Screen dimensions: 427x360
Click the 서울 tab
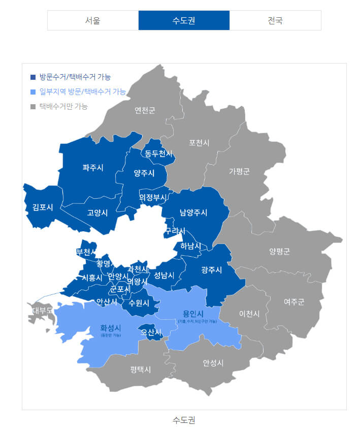tap(93, 21)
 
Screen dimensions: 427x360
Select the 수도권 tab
tap(184, 21)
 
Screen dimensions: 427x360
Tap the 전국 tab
tap(275, 21)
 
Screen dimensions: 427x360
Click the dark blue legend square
tap(33, 77)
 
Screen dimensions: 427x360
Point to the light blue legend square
tap(33, 92)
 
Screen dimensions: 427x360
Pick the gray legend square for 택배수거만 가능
tap(33, 107)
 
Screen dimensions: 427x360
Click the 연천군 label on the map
tap(145, 111)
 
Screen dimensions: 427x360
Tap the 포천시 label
tap(199, 143)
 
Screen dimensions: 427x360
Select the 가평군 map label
tap(239, 171)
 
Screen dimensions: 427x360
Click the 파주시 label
tap(93, 167)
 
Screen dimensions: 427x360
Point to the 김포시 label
tap(43, 207)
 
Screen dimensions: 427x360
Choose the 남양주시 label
tap(193, 212)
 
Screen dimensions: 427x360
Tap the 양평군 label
tap(280, 251)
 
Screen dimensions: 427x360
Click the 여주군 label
tap(294, 302)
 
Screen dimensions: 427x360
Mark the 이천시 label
tap(249, 314)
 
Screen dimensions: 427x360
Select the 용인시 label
tap(193, 313)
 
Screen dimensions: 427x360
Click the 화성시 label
tap(111, 328)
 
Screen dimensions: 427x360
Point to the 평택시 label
tap(140, 370)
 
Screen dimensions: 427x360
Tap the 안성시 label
tap(213, 362)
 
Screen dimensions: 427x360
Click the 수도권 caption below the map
tap(184, 420)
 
